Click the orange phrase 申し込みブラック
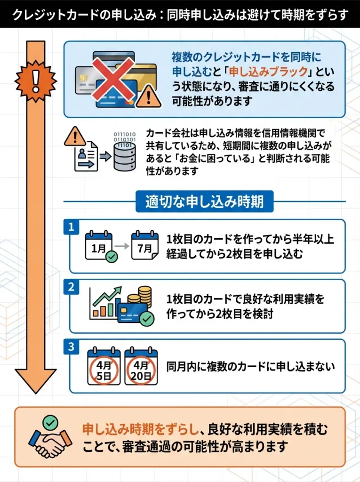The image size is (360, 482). point(255,72)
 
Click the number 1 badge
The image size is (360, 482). point(71,227)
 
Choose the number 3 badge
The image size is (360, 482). point(71,347)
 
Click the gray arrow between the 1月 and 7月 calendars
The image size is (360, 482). point(122,246)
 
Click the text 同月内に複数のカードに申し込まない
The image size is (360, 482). point(251,366)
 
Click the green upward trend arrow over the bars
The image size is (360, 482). point(108,297)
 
